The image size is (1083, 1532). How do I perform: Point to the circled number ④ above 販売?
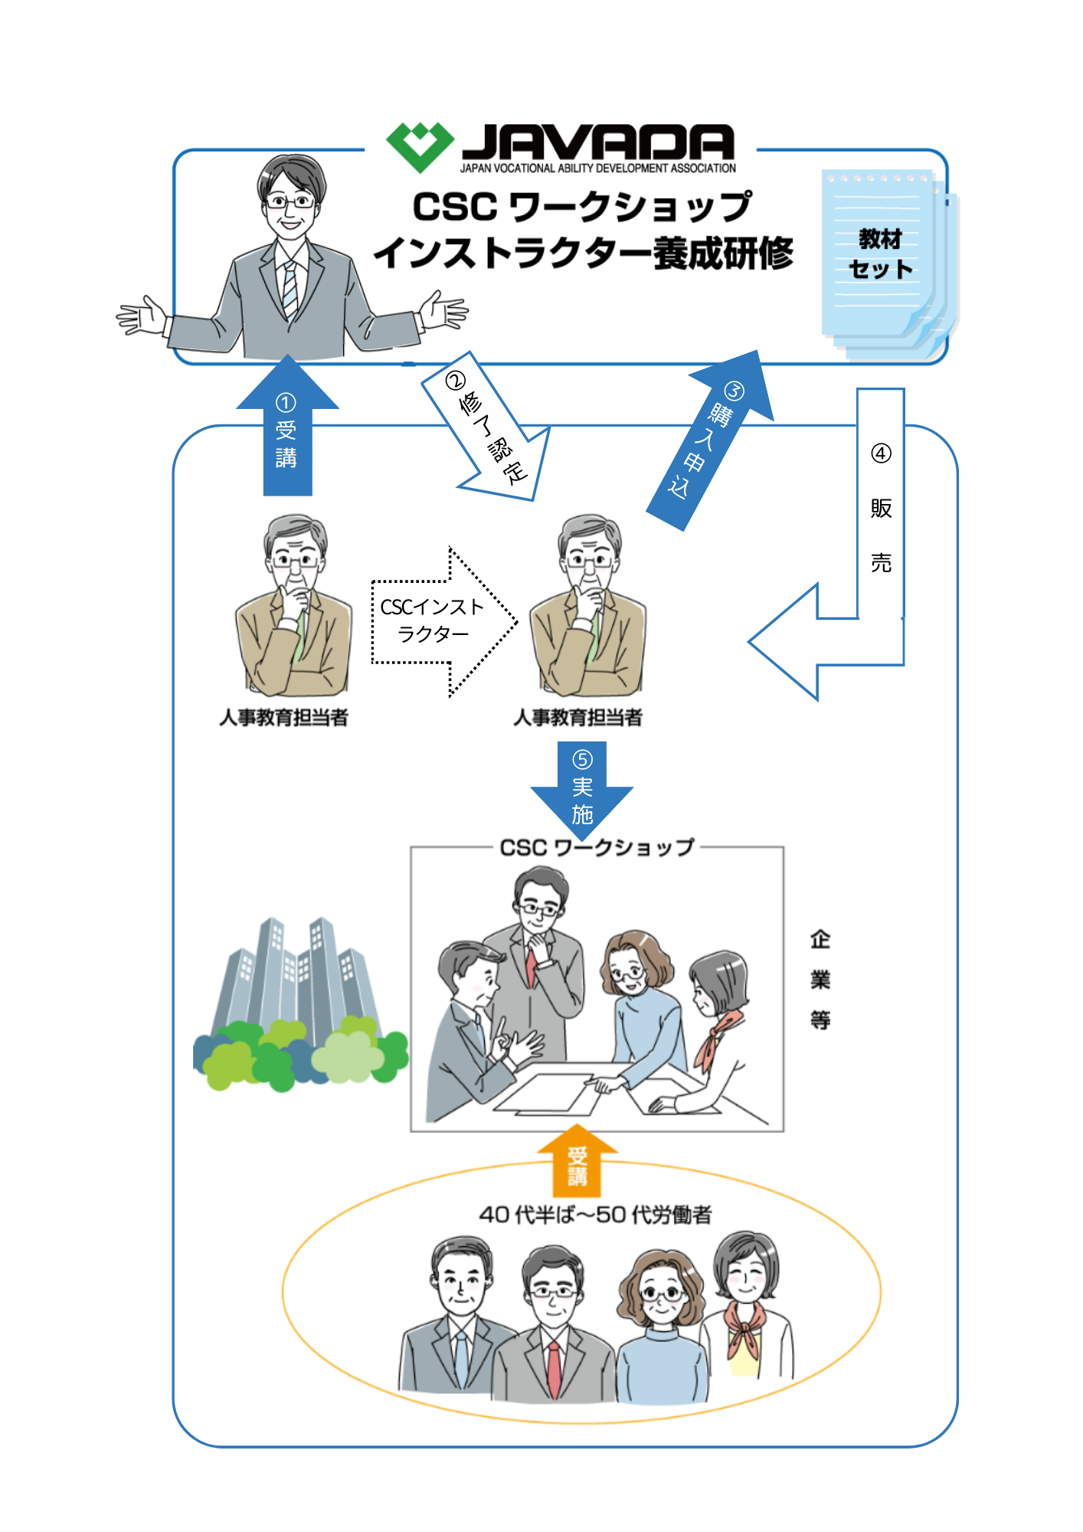tap(881, 453)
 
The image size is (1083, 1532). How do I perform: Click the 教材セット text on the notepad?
tap(880, 254)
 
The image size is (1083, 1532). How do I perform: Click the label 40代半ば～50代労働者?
tap(595, 1215)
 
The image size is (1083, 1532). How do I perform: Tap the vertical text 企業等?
tap(820, 980)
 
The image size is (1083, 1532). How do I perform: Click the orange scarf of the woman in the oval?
tap(744, 1329)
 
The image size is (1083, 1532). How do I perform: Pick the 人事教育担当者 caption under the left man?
tap(283, 718)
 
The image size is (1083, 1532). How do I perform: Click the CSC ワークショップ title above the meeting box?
tap(597, 848)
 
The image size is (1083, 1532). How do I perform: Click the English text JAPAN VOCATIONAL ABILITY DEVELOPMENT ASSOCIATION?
tap(597, 169)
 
